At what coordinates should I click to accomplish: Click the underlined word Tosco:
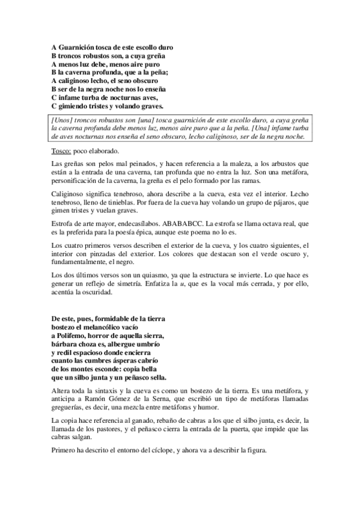pyautogui.click(x=62, y=151)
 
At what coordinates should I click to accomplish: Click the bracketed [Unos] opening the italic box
pyautogui.click(x=62, y=120)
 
